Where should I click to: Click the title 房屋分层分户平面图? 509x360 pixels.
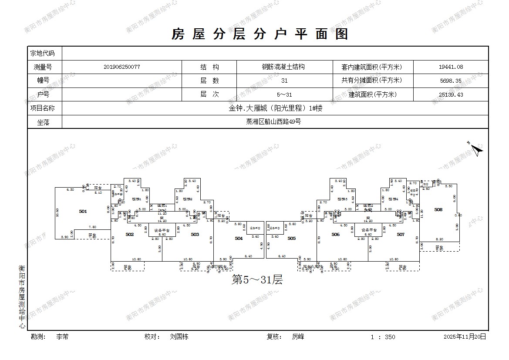click(260, 34)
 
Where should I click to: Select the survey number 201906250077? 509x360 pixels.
click(122, 67)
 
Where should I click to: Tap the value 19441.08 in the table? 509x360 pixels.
click(451, 67)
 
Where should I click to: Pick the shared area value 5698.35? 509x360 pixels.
click(451, 81)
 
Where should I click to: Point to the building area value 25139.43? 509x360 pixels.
click(451, 94)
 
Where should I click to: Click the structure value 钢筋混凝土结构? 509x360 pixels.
click(283, 67)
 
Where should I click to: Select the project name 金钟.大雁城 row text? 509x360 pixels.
click(276, 108)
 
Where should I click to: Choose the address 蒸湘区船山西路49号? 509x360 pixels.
click(273, 122)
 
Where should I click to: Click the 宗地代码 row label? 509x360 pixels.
click(42, 54)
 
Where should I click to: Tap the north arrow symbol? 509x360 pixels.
click(477, 150)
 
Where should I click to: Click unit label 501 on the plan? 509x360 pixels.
click(83, 211)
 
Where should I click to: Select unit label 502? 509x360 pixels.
click(129, 235)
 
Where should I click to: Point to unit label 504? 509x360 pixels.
click(239, 239)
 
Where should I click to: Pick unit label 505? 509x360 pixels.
click(291, 239)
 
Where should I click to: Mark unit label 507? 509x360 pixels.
click(401, 235)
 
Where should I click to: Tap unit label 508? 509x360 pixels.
click(438, 210)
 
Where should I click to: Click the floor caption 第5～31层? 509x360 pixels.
click(257, 280)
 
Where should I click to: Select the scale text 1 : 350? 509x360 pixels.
click(383, 337)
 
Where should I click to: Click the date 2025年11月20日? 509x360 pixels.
click(465, 337)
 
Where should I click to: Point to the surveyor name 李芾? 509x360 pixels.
click(62, 337)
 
